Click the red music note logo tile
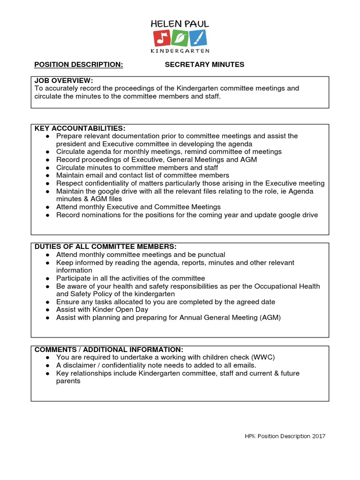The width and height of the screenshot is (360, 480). tap(162, 38)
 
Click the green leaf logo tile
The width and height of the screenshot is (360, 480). tap(180, 38)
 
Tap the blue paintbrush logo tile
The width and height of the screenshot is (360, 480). tap(198, 38)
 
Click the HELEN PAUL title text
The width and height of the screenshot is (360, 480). tap(180, 23)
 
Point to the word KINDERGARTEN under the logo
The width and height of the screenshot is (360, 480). tap(180, 51)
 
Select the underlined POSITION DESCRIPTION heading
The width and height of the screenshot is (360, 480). tap(79, 65)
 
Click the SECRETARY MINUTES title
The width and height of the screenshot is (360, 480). tap(204, 65)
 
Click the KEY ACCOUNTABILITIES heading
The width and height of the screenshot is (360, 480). tap(80, 128)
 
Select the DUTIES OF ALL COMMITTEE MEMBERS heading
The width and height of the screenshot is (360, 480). tap(105, 247)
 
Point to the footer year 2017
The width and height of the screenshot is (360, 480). tap(317, 436)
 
